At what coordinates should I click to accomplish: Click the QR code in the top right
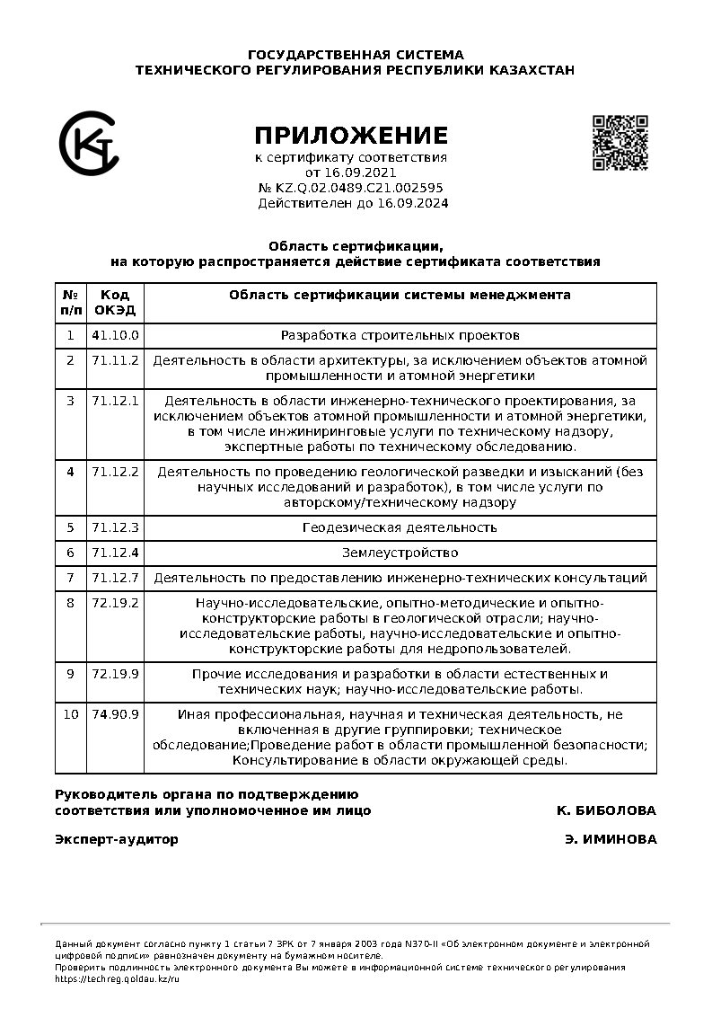(x=620, y=142)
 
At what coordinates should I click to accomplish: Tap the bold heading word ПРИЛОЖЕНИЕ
(x=350, y=136)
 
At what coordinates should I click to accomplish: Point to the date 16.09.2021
(x=363, y=173)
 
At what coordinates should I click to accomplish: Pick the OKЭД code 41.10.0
(x=115, y=335)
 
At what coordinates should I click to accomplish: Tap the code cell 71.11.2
(x=115, y=360)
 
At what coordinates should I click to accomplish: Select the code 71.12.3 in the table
(x=115, y=527)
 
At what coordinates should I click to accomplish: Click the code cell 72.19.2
(x=115, y=602)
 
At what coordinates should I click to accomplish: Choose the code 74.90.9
(x=115, y=714)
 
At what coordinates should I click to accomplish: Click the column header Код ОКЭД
(x=115, y=302)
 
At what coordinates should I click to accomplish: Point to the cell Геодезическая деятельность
(x=400, y=527)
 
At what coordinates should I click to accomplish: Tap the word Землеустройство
(x=400, y=553)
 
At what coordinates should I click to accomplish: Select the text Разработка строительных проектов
(x=400, y=335)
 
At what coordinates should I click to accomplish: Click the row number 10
(x=70, y=714)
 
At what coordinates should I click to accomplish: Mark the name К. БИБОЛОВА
(x=606, y=810)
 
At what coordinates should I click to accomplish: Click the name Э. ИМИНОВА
(x=611, y=839)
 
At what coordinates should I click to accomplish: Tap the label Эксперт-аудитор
(x=117, y=839)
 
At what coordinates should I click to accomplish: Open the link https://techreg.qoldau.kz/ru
(x=118, y=978)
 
